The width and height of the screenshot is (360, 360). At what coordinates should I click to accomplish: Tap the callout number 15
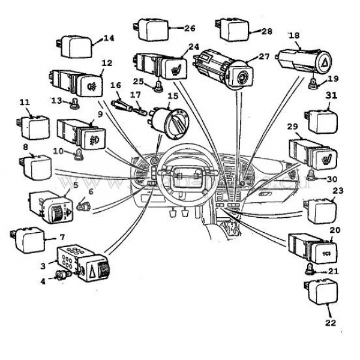[x=173, y=96]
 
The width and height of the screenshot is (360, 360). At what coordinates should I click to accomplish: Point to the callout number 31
[x=332, y=95]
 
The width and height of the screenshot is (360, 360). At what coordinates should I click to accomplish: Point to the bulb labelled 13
[x=74, y=102]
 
